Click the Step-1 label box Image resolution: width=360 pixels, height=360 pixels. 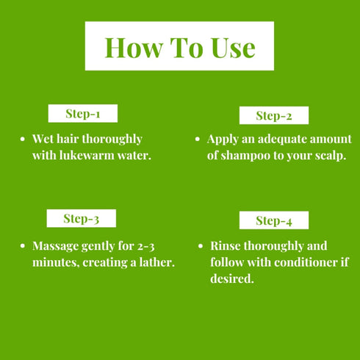(x=82, y=114)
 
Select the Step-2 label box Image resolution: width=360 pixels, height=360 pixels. (x=274, y=115)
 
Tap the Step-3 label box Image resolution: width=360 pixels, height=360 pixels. (x=81, y=218)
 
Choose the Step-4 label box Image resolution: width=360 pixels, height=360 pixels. (x=274, y=220)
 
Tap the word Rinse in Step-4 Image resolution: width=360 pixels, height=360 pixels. (x=226, y=245)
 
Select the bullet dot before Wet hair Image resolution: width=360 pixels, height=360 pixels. (x=24, y=139)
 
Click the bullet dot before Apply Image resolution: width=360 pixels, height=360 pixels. (x=198, y=139)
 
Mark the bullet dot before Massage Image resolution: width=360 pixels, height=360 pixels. (x=24, y=246)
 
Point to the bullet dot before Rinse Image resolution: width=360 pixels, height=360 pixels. (x=201, y=246)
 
